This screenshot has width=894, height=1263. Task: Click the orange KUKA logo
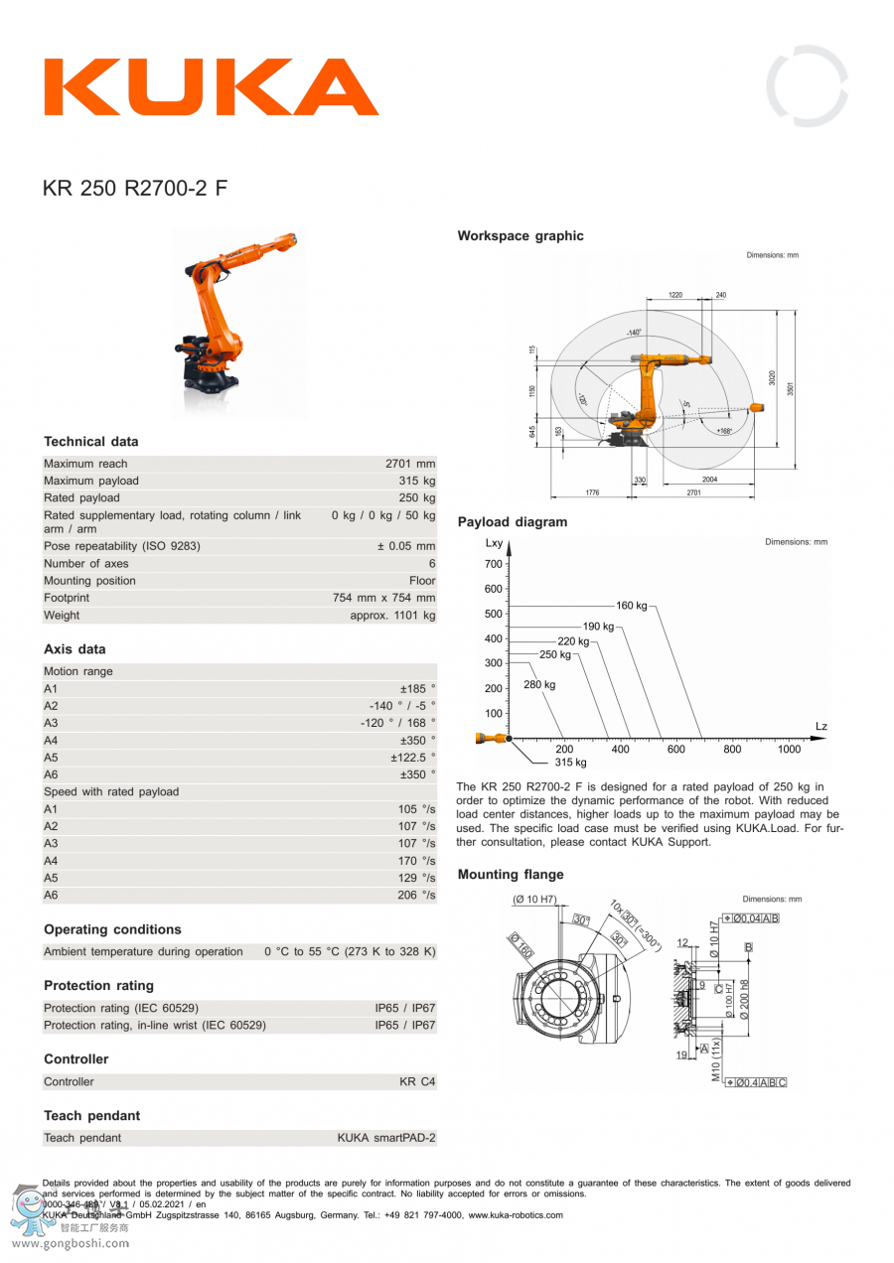(x=211, y=87)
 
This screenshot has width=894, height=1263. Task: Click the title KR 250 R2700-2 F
(x=135, y=188)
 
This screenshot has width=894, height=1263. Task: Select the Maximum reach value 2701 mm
(x=410, y=464)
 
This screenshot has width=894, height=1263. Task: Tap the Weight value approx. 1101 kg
(x=392, y=616)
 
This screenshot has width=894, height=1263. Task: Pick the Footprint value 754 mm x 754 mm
(x=383, y=599)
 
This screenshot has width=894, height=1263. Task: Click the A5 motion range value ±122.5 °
(x=412, y=758)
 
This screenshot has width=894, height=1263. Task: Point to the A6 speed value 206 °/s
(x=416, y=896)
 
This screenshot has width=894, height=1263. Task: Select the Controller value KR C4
(x=417, y=1081)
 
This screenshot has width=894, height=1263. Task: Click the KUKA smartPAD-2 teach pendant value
(x=385, y=1138)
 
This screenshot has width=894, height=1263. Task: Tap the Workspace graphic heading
(x=521, y=236)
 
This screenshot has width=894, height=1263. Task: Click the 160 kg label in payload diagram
(x=631, y=606)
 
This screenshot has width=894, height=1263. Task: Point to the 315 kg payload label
(x=570, y=763)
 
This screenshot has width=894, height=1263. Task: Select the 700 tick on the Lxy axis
(x=494, y=564)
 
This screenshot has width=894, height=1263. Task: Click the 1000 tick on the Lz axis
(x=789, y=750)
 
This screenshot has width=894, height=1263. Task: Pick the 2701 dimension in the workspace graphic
(x=693, y=491)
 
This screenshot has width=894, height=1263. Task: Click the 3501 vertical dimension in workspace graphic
(x=791, y=388)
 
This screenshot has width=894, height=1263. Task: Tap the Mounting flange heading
(x=511, y=875)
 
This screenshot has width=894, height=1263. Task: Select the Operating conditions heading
(x=112, y=930)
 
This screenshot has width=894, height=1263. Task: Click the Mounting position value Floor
(x=422, y=581)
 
